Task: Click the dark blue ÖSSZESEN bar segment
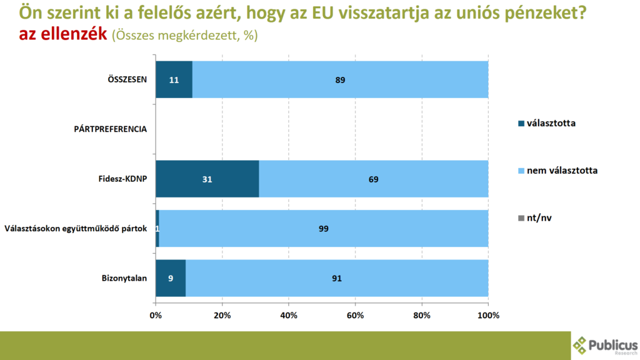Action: pyautogui.click(x=174, y=79)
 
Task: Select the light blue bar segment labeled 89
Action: pyautogui.click(x=340, y=79)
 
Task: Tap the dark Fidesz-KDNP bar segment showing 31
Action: pyautogui.click(x=207, y=179)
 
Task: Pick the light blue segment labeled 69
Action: pyautogui.click(x=373, y=179)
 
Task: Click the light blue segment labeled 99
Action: pyautogui.click(x=324, y=228)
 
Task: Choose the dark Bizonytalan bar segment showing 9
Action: pyautogui.click(x=171, y=278)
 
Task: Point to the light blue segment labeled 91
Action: pyautogui.click(x=337, y=278)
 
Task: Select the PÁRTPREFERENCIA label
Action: pyautogui.click(x=110, y=129)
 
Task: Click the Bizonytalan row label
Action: pyautogui.click(x=124, y=278)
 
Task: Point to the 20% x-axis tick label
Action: pyautogui.click(x=222, y=315)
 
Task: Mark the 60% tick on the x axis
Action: pyautogui.click(x=355, y=315)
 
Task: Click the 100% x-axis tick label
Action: pyautogui.click(x=488, y=315)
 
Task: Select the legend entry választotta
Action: pyautogui.click(x=551, y=123)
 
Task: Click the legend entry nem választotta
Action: pyautogui.click(x=562, y=171)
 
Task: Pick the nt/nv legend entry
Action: pyautogui.click(x=539, y=217)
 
